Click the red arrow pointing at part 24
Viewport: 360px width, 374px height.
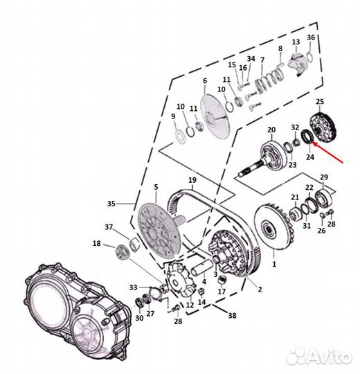point(327,152)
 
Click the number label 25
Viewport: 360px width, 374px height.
point(320,102)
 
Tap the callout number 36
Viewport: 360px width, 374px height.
point(311,37)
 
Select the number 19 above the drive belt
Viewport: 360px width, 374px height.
point(192,180)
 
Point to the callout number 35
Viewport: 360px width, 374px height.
point(111,204)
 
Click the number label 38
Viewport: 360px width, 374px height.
point(232,316)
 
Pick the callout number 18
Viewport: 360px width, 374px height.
point(96,244)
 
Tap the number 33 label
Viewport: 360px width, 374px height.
point(134,287)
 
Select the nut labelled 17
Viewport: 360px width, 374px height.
point(222,279)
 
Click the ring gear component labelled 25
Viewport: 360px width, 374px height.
point(323,126)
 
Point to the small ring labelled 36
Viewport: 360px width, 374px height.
point(309,57)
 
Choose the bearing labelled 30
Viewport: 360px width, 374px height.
point(138,303)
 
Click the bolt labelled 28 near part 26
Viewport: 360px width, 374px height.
point(330,212)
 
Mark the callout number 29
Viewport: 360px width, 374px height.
point(324,177)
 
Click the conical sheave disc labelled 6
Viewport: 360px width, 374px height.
point(216,116)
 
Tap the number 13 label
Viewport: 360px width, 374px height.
point(296,42)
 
